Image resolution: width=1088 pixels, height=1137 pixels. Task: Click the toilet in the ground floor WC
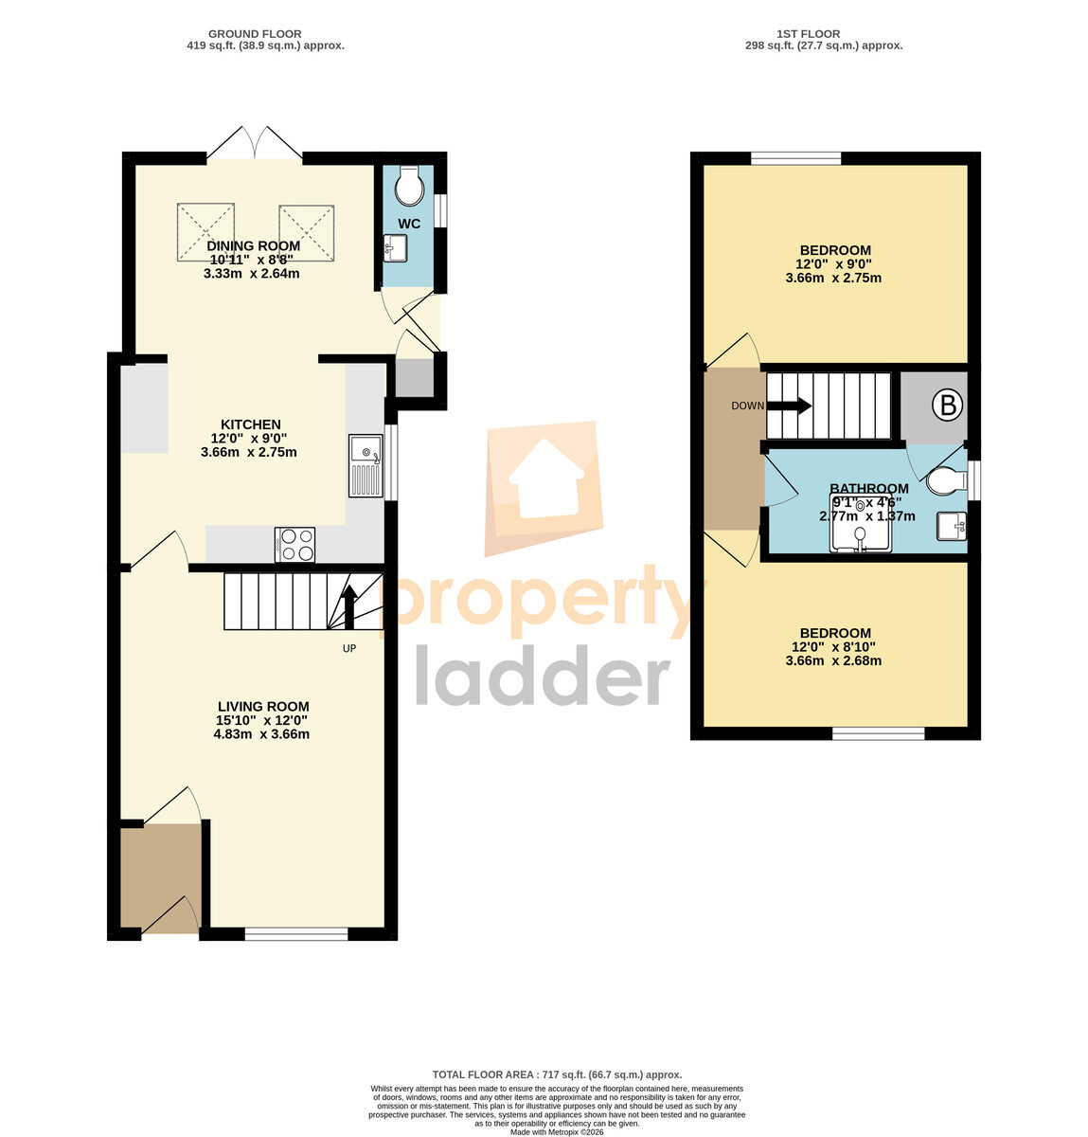pos(407,185)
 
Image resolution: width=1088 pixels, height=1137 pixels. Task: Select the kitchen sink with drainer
pos(366,465)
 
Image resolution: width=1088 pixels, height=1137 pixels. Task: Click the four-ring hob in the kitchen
pos(294,544)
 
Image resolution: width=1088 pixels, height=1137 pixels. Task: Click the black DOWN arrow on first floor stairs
pos(789,406)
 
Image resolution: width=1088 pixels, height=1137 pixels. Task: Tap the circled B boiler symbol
pos(947,405)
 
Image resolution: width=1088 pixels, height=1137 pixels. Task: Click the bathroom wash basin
pos(952,526)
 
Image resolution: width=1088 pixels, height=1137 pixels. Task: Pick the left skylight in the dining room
pos(205,232)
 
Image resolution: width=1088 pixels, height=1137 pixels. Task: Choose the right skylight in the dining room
pos(306,233)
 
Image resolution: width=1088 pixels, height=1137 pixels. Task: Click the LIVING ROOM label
pos(263,707)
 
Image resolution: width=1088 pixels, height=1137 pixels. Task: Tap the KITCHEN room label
pos(251,424)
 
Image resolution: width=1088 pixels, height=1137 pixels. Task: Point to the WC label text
pos(409,224)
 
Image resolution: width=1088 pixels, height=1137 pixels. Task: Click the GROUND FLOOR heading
pos(255,34)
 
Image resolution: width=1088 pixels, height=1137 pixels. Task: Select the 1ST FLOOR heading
pos(809,34)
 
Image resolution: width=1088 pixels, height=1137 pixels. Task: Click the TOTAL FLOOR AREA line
pos(557,1074)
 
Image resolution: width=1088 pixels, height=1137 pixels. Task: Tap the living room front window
pos(296,933)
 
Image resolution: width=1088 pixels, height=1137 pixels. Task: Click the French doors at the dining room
pos(255,142)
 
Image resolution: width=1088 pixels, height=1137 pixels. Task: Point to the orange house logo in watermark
pos(544,488)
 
